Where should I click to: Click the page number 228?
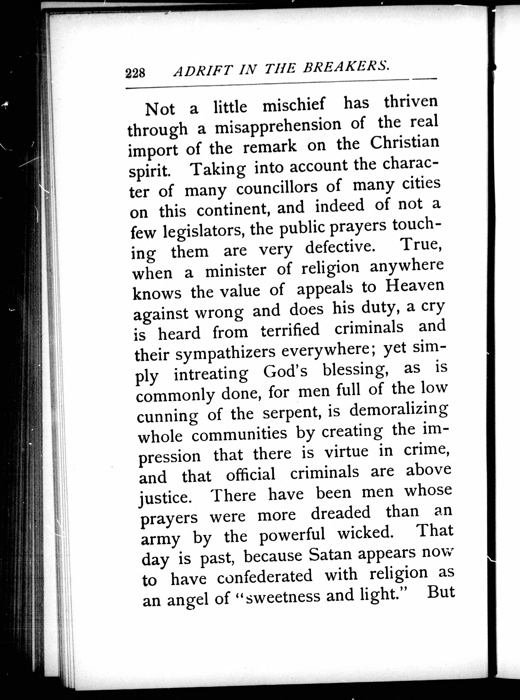(135, 73)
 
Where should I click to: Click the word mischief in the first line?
(293, 105)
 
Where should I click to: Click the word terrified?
(290, 330)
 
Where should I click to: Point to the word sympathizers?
(225, 354)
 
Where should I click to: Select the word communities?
(239, 434)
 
